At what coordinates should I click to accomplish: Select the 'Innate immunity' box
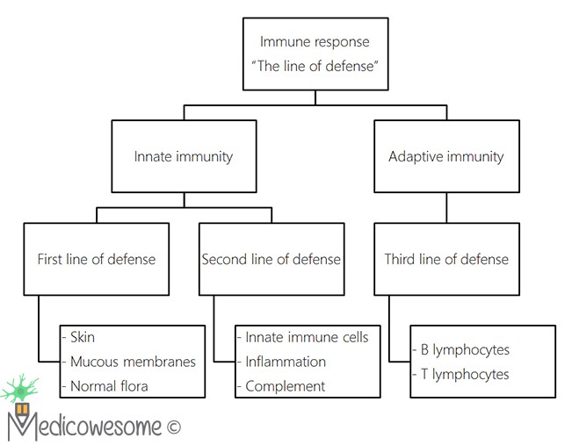[x=183, y=156]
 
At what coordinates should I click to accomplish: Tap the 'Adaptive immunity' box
[x=445, y=156]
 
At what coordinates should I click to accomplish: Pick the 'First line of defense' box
[x=96, y=259]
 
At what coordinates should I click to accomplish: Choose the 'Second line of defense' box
[x=271, y=259]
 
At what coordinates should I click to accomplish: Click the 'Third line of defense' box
[x=445, y=259]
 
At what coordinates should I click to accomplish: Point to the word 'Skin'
[x=83, y=337]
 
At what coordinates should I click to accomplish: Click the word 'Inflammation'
[x=285, y=362]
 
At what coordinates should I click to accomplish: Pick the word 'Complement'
[x=285, y=385]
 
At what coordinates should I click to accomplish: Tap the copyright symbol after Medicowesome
[x=173, y=427]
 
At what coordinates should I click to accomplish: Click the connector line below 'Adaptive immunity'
[x=445, y=207]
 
